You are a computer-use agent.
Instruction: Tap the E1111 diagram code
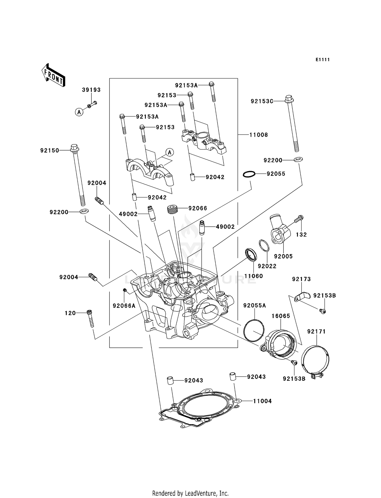pos(323,60)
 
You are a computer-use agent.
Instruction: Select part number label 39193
pos(91,90)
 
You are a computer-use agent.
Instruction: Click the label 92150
pos(50,151)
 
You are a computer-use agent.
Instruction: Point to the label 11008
pos(259,135)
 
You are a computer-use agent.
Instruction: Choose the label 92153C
pos(262,101)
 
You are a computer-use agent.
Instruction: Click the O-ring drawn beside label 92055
pos(249,174)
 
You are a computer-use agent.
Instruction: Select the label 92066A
pos(124,306)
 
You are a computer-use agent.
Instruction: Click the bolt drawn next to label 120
pos(90,319)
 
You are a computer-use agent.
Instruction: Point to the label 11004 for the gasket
pos(262,401)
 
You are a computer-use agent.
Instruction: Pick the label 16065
pos(281,316)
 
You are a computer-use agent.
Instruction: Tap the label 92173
pos(301,279)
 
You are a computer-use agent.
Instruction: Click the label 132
pos(301,235)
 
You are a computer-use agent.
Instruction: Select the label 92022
pos(267,266)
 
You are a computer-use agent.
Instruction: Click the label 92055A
pos(255,306)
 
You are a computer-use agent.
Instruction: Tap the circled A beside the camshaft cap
pos(170,152)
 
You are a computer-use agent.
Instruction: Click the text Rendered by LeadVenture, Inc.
pos(190,493)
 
